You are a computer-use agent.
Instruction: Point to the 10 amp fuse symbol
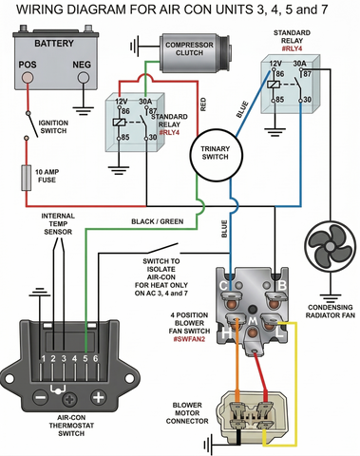tap(27, 178)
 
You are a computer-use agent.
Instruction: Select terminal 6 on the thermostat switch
tap(95, 359)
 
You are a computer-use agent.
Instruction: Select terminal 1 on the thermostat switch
tap(43, 359)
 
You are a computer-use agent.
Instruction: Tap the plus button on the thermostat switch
tap(97, 397)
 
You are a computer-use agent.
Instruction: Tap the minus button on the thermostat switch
tap(41, 397)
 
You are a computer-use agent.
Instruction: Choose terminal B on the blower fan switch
tap(282, 284)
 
